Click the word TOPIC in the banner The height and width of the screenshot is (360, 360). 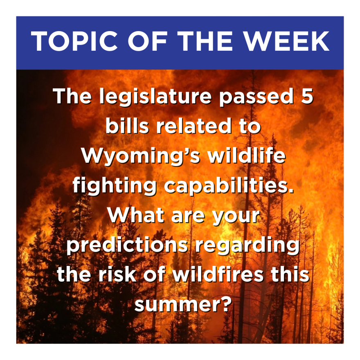[74, 41]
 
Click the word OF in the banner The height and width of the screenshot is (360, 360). [147, 41]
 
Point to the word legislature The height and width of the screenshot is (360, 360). [155, 97]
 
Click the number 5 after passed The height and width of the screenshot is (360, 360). [307, 95]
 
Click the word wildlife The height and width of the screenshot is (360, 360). [247, 155]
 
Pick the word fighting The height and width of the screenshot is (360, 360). [115, 187]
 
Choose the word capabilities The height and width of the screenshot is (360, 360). [229, 187]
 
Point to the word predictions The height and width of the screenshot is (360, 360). [127, 246]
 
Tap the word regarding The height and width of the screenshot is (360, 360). [248, 246]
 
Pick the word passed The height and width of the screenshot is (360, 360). [256, 97]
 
